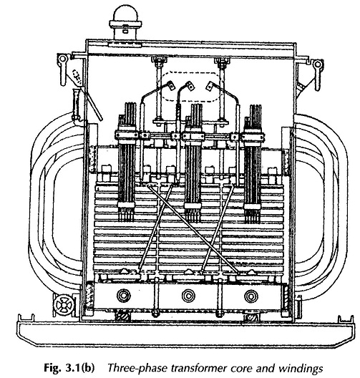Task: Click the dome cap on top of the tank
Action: (126, 14)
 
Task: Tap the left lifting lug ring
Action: (62, 58)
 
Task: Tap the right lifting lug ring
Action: (318, 64)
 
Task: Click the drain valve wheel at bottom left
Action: (63, 305)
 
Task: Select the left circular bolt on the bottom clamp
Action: (124, 296)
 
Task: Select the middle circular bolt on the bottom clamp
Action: (189, 296)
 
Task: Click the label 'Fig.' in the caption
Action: (52, 369)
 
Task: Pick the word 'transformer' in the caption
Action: (199, 369)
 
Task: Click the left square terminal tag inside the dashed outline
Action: (172, 86)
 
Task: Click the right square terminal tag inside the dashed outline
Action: (210, 87)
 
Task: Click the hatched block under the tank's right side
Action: (250, 318)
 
